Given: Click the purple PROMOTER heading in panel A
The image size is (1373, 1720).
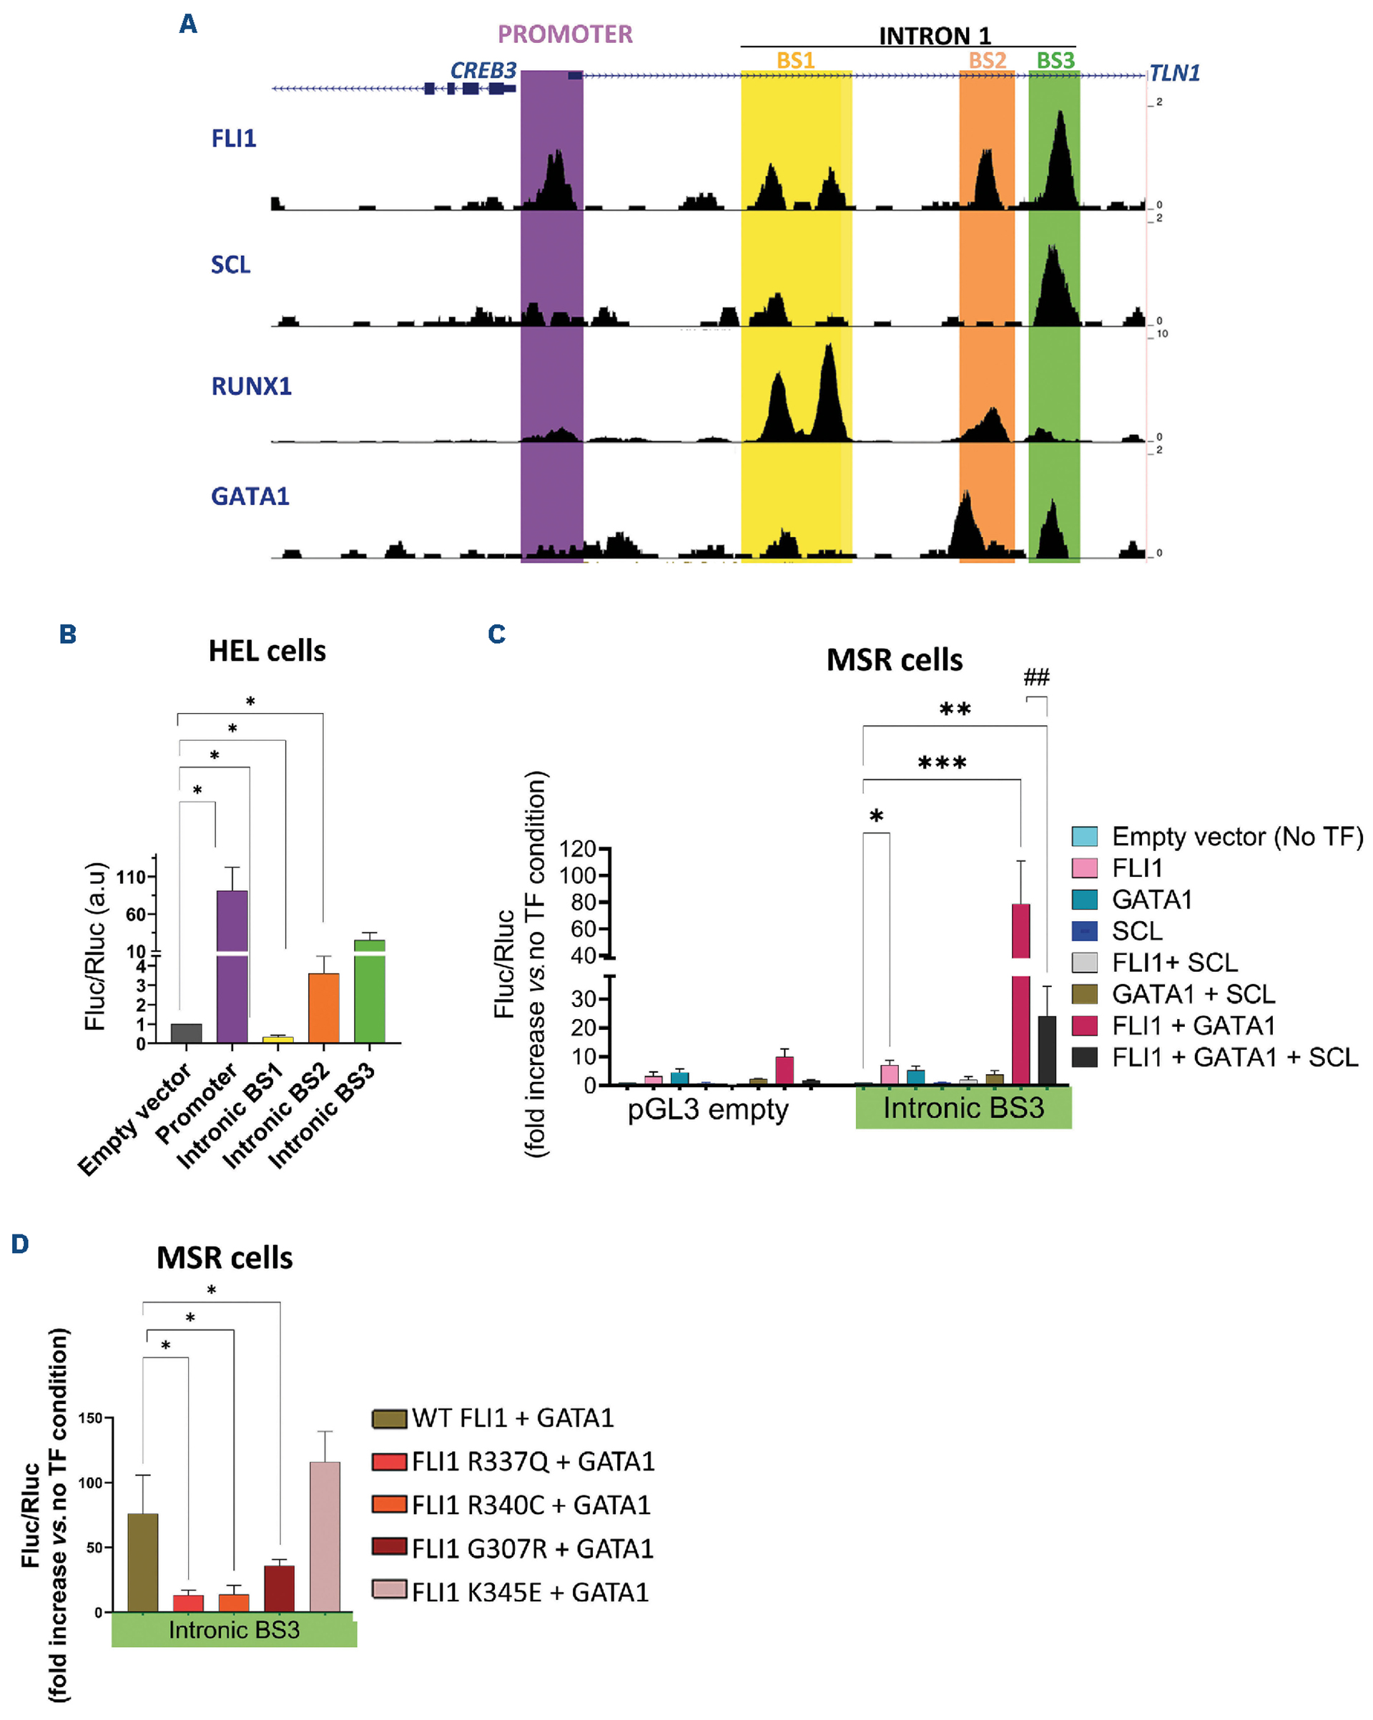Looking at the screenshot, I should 565,34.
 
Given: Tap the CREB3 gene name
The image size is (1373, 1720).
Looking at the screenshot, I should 483,71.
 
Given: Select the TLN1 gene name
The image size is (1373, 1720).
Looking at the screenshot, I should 1173,74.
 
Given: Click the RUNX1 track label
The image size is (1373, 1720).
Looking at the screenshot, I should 251,386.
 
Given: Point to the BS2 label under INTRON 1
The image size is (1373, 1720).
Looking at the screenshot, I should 987,61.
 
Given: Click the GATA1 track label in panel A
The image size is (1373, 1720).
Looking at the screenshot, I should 250,496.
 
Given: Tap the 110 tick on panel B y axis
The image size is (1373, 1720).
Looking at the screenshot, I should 132,877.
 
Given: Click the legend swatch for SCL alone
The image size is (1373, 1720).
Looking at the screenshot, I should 1084,931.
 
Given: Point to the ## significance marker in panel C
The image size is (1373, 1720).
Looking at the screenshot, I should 1036,677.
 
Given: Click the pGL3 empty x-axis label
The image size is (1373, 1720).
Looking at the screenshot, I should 708,1109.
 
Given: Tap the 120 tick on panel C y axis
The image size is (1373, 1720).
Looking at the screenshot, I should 578,848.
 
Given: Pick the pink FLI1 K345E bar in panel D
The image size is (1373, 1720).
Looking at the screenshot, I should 325,1535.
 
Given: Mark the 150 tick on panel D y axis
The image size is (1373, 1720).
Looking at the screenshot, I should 90,1418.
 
